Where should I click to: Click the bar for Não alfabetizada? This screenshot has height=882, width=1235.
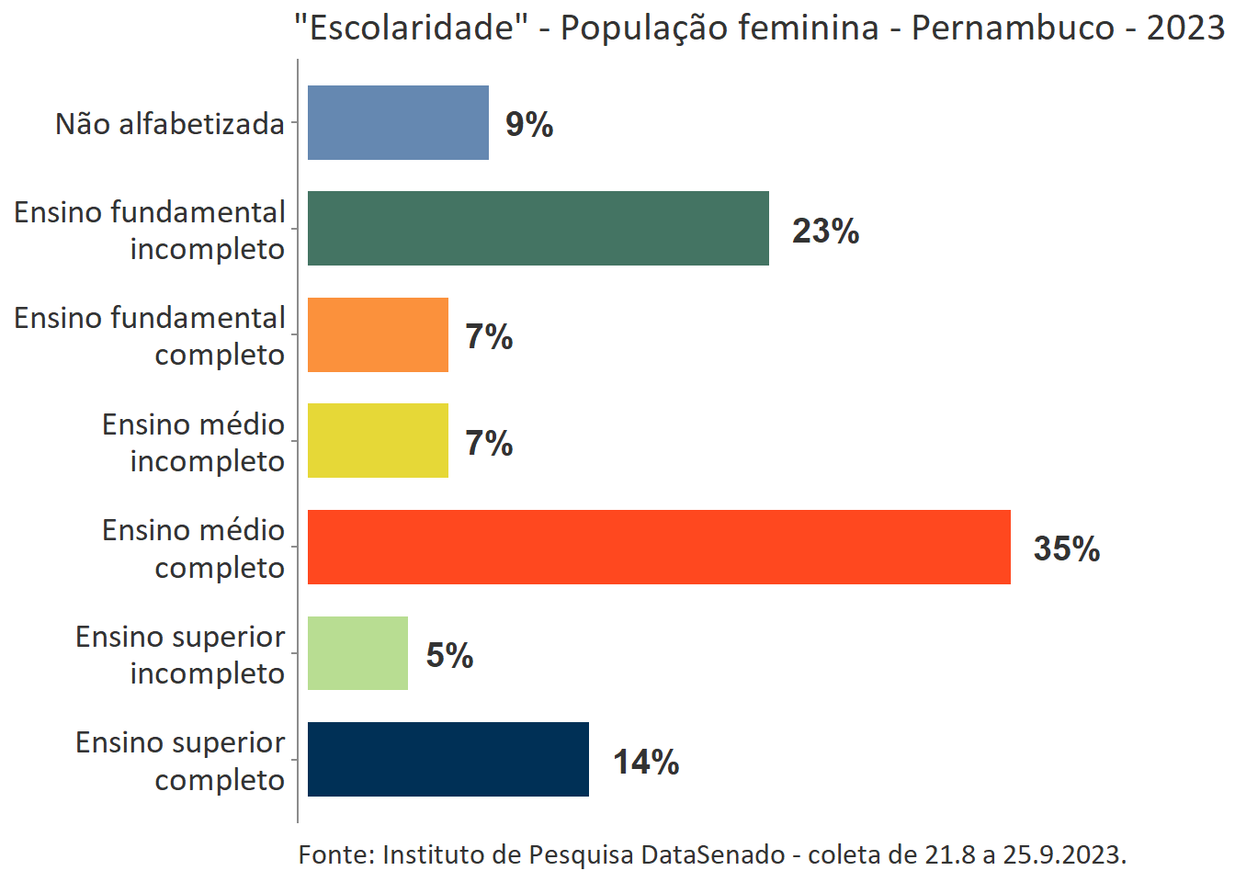pyautogui.click(x=398, y=123)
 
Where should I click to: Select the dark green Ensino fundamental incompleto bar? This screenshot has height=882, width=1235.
pyautogui.click(x=538, y=229)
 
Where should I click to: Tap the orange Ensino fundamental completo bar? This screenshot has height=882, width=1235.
pyautogui.click(x=378, y=335)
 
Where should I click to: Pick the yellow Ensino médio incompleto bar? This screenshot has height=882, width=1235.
pyautogui.click(x=378, y=441)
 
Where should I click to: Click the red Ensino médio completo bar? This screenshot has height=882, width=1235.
pyautogui.click(x=658, y=548)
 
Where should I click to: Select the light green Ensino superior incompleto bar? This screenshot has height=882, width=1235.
pyautogui.click(x=357, y=653)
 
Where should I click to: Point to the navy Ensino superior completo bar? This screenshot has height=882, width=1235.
pyautogui.click(x=448, y=760)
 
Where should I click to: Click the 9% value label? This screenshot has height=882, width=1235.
pyautogui.click(x=529, y=125)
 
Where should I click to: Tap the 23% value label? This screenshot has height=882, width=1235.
pyautogui.click(x=825, y=231)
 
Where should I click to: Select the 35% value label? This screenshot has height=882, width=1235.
pyautogui.click(x=1066, y=548)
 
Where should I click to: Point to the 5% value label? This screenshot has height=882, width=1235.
pyautogui.click(x=449, y=655)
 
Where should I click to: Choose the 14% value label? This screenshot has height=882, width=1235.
pyautogui.click(x=646, y=762)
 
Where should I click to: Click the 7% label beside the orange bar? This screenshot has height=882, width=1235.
pyautogui.click(x=489, y=337)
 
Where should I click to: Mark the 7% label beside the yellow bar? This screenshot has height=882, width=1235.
pyautogui.click(x=489, y=443)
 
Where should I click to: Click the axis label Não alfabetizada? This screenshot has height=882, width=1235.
pyautogui.click(x=170, y=124)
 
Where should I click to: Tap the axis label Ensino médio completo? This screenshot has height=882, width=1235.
pyautogui.click(x=193, y=548)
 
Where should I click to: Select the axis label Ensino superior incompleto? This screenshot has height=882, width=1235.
pyautogui.click(x=180, y=654)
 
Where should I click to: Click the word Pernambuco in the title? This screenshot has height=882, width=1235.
pyautogui.click(x=1013, y=28)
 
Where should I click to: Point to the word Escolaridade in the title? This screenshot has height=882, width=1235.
pyautogui.click(x=412, y=28)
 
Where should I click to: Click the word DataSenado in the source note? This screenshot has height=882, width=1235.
pyautogui.click(x=712, y=854)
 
